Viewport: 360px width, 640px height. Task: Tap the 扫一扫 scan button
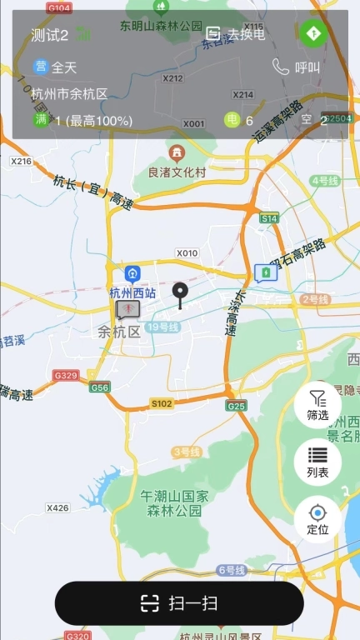(179, 603)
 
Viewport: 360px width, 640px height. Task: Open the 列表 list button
(317, 462)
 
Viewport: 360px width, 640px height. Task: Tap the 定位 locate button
(317, 518)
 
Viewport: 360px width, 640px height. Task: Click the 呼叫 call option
(297, 67)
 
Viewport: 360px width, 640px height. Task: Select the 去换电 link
(236, 34)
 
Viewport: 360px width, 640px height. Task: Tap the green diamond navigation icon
(314, 34)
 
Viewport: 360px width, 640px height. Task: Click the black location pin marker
(179, 293)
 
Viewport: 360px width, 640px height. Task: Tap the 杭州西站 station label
(132, 292)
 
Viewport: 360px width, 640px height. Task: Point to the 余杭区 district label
(117, 331)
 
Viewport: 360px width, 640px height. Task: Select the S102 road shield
(162, 403)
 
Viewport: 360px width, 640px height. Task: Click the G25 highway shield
(236, 406)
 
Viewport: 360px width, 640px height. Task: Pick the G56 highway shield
(100, 387)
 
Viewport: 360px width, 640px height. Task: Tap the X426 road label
(58, 507)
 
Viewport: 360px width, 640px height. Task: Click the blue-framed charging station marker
(265, 272)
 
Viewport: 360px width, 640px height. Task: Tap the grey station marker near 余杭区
(127, 309)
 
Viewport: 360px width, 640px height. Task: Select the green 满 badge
(41, 120)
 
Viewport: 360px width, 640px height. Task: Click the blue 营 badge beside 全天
(40, 67)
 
